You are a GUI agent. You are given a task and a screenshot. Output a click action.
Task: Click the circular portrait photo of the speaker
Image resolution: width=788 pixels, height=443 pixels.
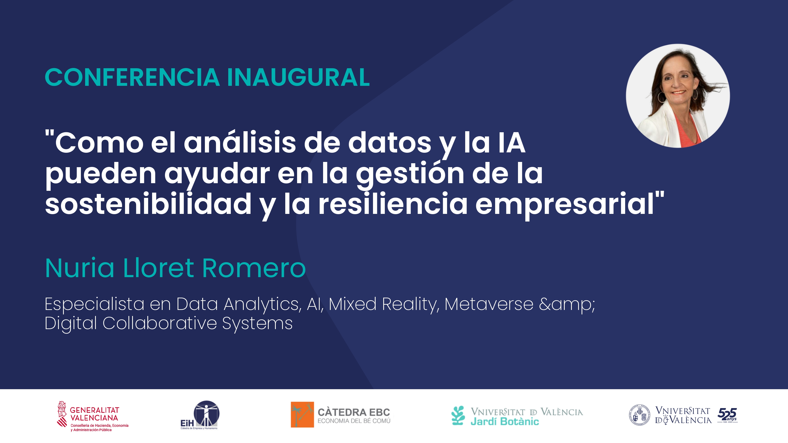pos(678,96)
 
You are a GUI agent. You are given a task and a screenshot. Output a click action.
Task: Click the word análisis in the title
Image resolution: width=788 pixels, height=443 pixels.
pos(240,143)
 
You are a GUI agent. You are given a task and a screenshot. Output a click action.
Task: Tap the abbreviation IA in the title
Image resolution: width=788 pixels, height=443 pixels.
pos(512,143)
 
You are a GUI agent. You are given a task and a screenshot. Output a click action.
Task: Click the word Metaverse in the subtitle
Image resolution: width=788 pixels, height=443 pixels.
pos(489,304)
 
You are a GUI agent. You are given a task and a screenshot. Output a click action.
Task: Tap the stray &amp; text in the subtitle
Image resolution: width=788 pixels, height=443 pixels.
pos(567,305)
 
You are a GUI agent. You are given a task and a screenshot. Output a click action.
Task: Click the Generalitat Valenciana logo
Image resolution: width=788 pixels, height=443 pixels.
pos(93,416)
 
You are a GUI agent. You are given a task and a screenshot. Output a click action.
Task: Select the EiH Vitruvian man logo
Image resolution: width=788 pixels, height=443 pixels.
pos(199,415)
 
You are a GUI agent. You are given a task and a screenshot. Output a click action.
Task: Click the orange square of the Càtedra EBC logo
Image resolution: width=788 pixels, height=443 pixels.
pos(302,415)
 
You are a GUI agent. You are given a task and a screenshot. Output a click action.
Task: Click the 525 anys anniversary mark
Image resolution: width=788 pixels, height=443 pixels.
pos(727,415)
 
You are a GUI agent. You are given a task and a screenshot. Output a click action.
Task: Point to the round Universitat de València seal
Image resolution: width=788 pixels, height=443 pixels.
pos(639,415)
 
